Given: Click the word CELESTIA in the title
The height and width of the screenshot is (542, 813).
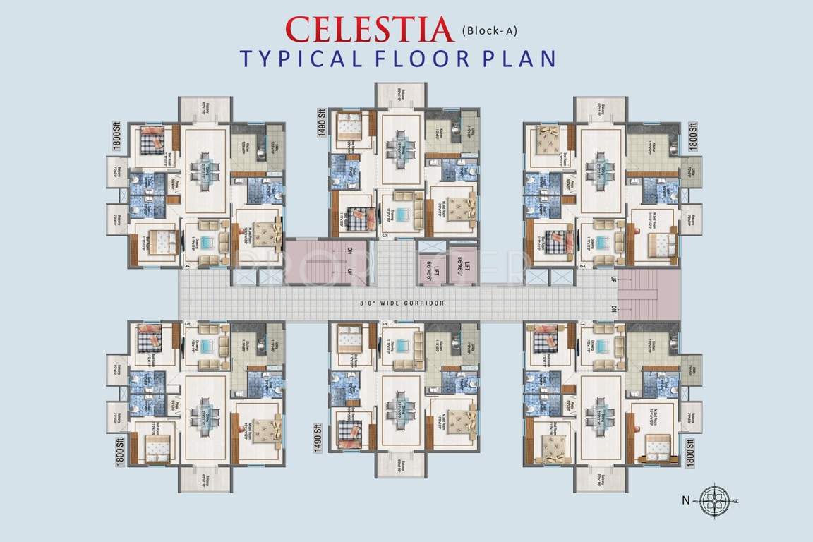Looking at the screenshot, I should pos(369,29).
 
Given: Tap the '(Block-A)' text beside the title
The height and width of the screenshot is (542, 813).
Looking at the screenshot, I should pos(492,30).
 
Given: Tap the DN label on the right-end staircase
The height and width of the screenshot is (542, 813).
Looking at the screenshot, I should pos(613,310).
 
